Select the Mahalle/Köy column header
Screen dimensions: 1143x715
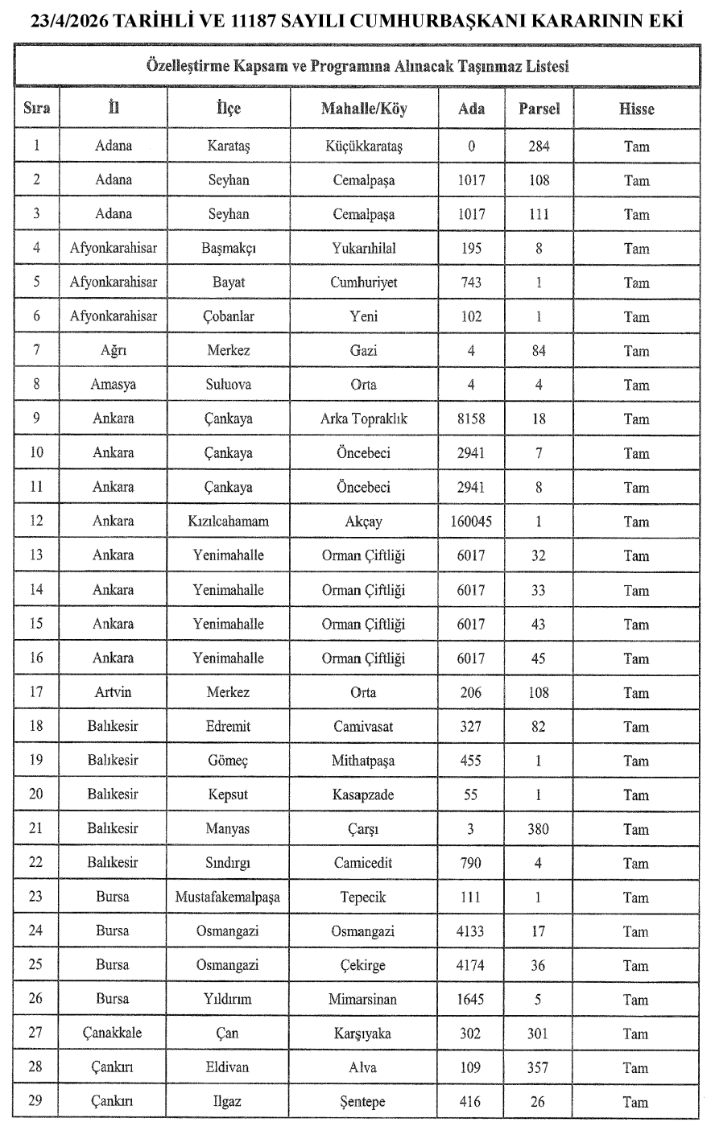(x=364, y=109)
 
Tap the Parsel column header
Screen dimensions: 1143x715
(x=539, y=109)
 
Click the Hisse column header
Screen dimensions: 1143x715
(x=636, y=109)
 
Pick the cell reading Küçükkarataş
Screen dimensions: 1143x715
(x=364, y=146)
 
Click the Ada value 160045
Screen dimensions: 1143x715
(x=471, y=522)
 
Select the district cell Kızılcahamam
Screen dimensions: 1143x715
(x=229, y=522)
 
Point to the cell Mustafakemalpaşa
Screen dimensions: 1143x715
(x=229, y=897)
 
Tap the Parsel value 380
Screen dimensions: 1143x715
(x=539, y=829)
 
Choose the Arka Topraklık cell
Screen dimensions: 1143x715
(x=364, y=419)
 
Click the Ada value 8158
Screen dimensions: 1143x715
(x=471, y=419)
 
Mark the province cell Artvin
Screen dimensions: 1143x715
(x=113, y=692)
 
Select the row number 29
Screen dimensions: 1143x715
(x=36, y=1102)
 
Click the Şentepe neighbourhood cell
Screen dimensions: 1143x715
(x=364, y=1102)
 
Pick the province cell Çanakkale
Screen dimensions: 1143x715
(x=113, y=1034)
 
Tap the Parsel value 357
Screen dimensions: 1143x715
(x=539, y=1068)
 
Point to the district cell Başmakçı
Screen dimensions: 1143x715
(x=229, y=249)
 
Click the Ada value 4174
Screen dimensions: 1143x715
(x=471, y=966)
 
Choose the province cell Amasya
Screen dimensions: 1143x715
(x=113, y=385)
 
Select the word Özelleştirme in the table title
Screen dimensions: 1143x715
(x=185, y=67)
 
